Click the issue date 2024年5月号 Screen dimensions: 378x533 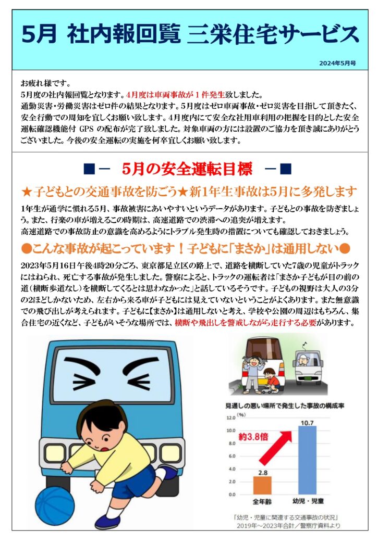(x=337, y=63)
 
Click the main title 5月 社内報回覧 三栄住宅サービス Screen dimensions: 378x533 (x=190, y=34)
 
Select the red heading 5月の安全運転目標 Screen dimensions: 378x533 (x=187, y=169)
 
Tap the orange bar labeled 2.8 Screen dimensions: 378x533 (x=263, y=486)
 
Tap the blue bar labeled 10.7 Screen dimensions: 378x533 (x=307, y=460)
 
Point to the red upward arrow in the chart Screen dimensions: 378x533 (x=276, y=448)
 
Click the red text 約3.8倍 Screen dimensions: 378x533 (x=253, y=437)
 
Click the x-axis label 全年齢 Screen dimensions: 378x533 (x=262, y=501)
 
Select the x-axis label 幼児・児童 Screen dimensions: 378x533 (x=308, y=501)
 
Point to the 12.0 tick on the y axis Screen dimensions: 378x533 (x=231, y=418)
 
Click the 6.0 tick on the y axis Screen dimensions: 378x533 (x=231, y=456)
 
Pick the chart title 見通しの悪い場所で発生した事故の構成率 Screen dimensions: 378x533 (x=285, y=406)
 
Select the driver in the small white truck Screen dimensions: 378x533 (x=303, y=360)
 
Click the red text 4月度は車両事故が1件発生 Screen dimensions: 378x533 (x=175, y=95)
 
